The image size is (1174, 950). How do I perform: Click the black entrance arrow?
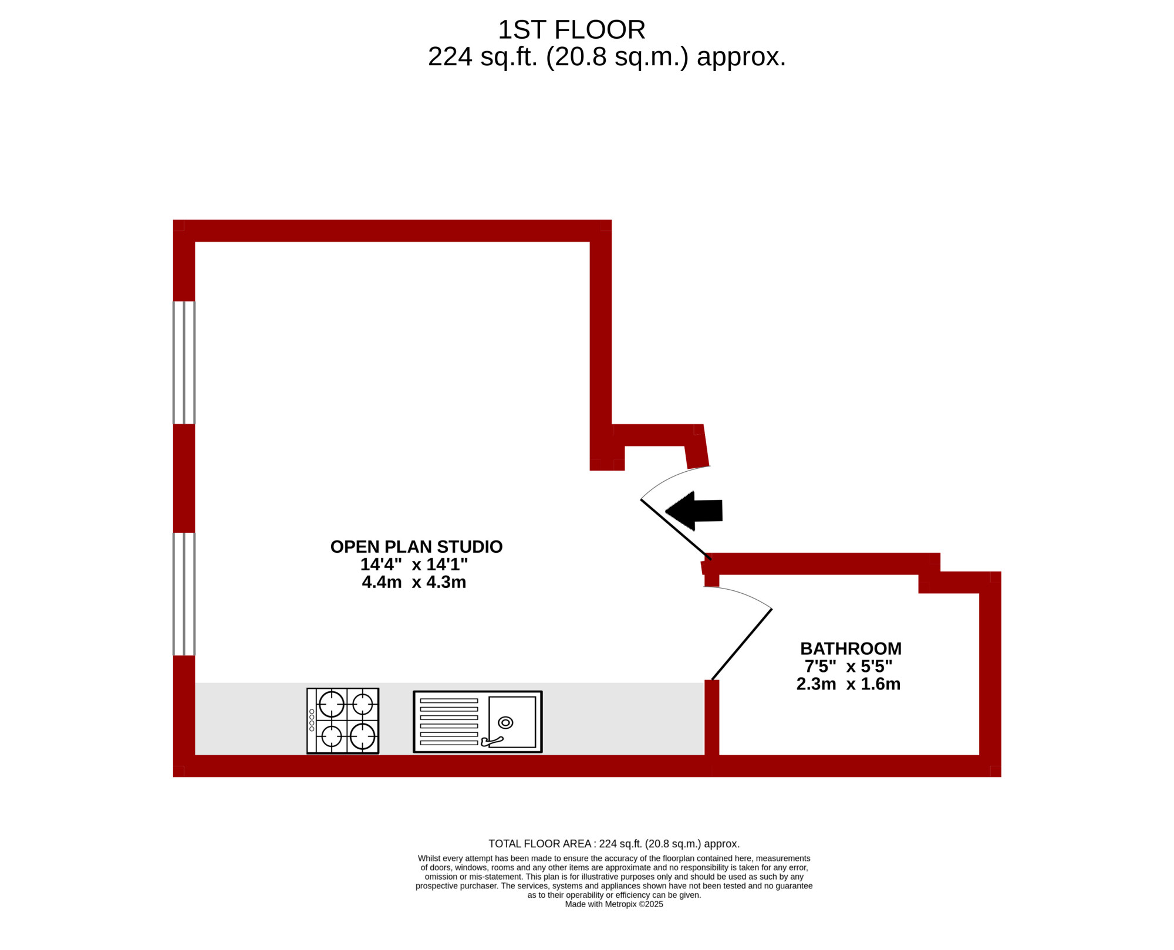pyautogui.click(x=694, y=511)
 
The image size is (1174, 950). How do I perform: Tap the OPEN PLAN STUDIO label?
pyautogui.click(x=416, y=547)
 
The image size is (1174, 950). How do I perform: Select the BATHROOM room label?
pyautogui.click(x=851, y=648)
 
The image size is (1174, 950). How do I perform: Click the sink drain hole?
pyautogui.click(x=505, y=722)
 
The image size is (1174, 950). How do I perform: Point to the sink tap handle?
pyautogui.click(x=491, y=742)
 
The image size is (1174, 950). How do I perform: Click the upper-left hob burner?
pyautogui.click(x=332, y=704)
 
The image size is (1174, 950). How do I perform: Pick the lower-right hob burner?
pyautogui.click(x=362, y=737)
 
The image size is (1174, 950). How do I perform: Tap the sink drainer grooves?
pyautogui.click(x=449, y=722)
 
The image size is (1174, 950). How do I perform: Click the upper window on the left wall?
pyautogui.click(x=184, y=363)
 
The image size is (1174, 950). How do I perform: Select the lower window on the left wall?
pyautogui.click(x=184, y=594)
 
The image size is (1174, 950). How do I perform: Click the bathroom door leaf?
pyautogui.click(x=741, y=644)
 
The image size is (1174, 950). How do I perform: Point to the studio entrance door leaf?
pyautogui.click(x=676, y=529)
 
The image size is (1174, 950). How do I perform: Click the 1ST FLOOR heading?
pyautogui.click(x=571, y=30)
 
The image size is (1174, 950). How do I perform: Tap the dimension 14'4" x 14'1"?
pyautogui.click(x=414, y=564)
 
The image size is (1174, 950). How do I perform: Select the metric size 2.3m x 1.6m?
pyautogui.click(x=848, y=684)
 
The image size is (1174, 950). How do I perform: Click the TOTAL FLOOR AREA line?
pyautogui.click(x=614, y=844)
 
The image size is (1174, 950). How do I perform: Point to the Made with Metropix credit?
pyautogui.click(x=614, y=904)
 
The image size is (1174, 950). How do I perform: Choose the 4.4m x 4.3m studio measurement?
pyautogui.click(x=414, y=582)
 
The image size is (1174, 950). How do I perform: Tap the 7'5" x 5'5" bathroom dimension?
pyautogui.click(x=848, y=666)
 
